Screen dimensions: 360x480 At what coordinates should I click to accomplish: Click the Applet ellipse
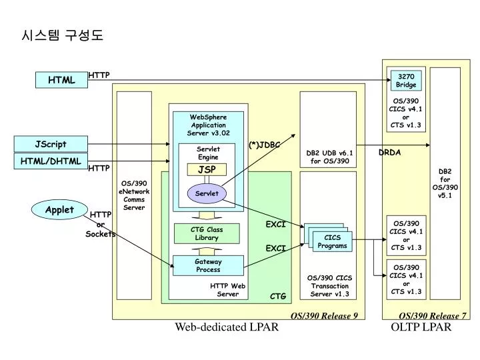pos(59,209)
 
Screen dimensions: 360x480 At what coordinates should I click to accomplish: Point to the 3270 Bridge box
pos(406,81)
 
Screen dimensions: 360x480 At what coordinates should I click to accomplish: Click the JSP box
pos(206,169)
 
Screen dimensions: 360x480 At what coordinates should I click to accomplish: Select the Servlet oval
pos(206,193)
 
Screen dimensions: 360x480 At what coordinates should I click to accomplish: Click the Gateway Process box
pos(207,265)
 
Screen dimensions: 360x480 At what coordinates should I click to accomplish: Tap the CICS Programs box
pos(332,241)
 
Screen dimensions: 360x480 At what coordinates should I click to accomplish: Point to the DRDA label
pos(389,153)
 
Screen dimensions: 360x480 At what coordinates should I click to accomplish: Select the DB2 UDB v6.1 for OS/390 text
pos(328,157)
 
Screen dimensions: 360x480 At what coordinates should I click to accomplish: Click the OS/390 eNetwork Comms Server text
pos(134,195)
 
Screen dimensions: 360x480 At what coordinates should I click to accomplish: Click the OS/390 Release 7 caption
pos(432,315)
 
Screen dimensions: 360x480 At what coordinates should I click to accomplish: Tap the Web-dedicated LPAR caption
pos(226,327)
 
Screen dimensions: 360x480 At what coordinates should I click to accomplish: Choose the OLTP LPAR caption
pos(421,327)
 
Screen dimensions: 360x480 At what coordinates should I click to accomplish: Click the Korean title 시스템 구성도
pos(63,34)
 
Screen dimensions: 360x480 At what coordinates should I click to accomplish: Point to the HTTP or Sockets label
pos(100,224)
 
